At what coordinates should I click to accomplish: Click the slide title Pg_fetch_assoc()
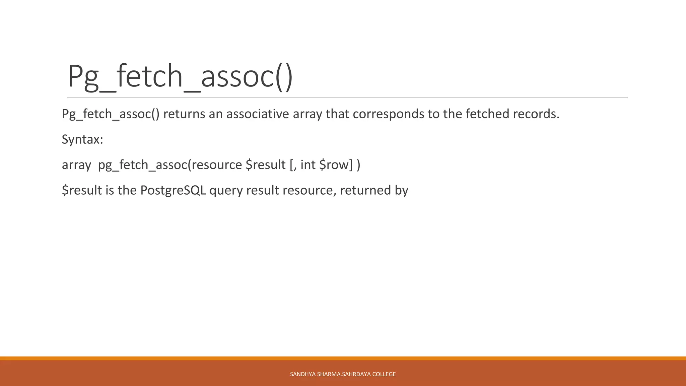coord(180,77)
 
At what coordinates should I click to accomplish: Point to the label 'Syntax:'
coord(82,139)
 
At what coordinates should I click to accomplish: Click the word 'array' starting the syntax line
coord(76,165)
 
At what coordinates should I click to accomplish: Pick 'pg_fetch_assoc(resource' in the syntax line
coord(170,165)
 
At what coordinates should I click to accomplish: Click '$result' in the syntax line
coord(266,165)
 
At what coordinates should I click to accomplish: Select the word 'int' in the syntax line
coord(308,165)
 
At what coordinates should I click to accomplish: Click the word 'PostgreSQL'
coord(173,190)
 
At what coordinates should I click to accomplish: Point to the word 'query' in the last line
coord(226,191)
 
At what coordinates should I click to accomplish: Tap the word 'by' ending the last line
coord(402,190)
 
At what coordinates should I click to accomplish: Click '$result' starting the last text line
coord(82,190)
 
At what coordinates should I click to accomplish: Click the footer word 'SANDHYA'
coord(302,374)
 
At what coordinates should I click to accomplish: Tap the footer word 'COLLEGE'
coord(384,374)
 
